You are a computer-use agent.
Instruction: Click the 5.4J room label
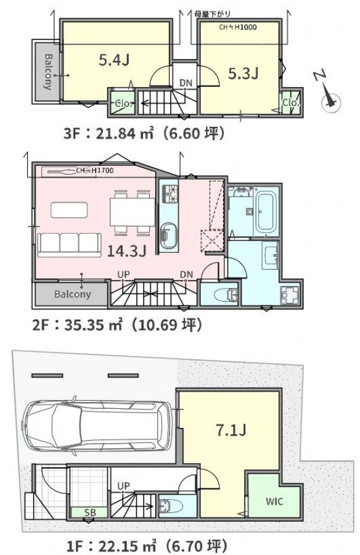(x=114, y=60)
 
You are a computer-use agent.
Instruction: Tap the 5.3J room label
(x=243, y=73)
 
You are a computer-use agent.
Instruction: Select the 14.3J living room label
(x=127, y=251)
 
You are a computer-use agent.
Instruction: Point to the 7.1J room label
(x=231, y=430)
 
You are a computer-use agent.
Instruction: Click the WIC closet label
(x=274, y=501)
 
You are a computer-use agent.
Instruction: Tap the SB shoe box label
(x=89, y=512)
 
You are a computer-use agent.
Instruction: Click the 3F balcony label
(x=48, y=72)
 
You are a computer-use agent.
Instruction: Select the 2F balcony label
(x=73, y=294)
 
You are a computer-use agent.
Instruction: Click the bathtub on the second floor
(x=266, y=212)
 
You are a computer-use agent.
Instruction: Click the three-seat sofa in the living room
(x=70, y=245)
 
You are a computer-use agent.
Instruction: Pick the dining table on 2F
(x=132, y=212)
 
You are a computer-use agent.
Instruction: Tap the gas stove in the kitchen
(x=169, y=194)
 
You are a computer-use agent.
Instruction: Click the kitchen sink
(x=168, y=236)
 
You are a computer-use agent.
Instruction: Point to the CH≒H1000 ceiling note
(x=237, y=27)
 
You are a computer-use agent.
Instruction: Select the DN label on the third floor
(x=186, y=83)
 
